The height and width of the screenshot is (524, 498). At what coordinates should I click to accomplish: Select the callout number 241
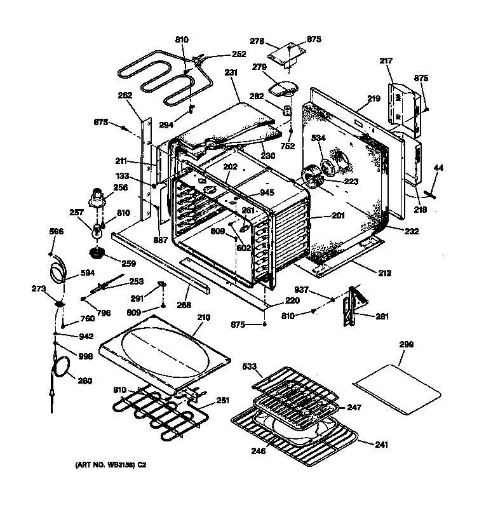tap(381, 445)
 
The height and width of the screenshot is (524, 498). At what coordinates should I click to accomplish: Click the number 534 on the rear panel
tap(318, 137)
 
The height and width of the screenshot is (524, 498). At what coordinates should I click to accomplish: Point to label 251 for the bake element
tap(222, 401)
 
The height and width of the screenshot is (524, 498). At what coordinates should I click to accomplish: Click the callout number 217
tap(386, 62)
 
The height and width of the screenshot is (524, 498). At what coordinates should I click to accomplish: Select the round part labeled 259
tap(98, 254)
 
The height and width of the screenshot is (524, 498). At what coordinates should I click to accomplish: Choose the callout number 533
tap(250, 366)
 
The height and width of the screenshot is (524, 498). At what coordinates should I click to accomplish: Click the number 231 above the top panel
tap(230, 73)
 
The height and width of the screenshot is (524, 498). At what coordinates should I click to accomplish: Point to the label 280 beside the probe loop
tap(84, 382)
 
